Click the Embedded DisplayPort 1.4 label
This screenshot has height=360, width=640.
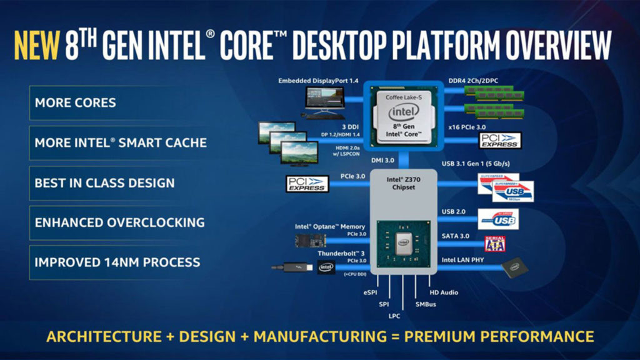click(x=318, y=81)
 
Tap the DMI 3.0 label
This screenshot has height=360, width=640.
click(x=383, y=161)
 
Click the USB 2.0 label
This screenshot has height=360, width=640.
click(x=454, y=212)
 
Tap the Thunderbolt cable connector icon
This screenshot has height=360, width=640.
click(x=294, y=267)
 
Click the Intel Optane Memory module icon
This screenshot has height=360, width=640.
click(x=314, y=240)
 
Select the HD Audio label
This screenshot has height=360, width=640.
click(x=444, y=292)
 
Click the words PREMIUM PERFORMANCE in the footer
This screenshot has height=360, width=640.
click(x=499, y=336)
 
